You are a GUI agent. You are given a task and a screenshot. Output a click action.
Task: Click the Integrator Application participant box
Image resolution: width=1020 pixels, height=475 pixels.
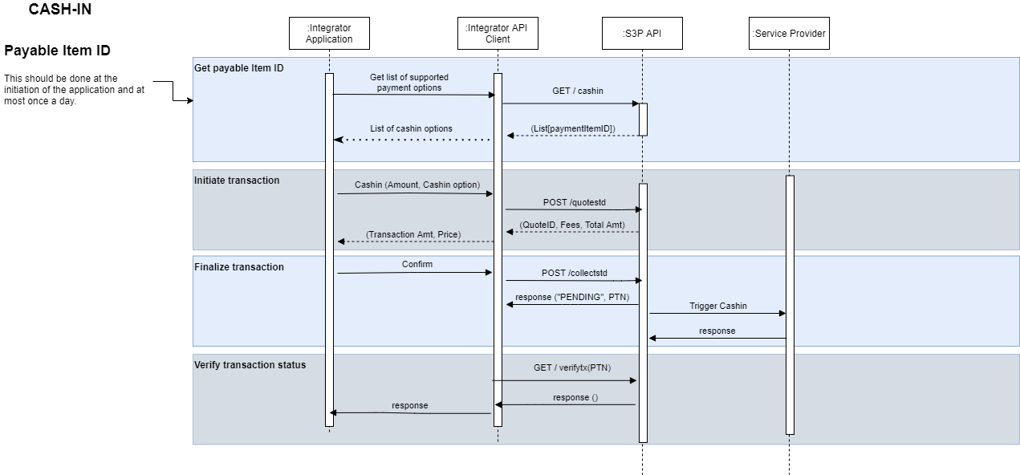point(329,34)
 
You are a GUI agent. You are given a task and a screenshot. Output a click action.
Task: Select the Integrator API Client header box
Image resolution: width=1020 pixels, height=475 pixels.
point(498,34)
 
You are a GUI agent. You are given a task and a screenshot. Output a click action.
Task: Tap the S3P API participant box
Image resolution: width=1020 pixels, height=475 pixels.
point(642,34)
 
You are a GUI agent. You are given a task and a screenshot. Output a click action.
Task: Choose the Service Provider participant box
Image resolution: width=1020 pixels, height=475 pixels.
point(789,34)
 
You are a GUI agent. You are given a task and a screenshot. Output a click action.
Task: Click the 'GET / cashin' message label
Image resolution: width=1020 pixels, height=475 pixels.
point(578,91)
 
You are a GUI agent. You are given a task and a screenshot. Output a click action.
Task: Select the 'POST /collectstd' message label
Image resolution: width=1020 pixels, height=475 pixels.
point(575,274)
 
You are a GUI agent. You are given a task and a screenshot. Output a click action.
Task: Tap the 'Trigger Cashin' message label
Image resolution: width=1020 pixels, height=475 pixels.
point(717,307)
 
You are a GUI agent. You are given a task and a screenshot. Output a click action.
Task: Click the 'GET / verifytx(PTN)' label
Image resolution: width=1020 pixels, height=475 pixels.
point(571,367)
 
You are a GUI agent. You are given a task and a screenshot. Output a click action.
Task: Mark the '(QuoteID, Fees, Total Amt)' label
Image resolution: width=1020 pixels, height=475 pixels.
point(572,225)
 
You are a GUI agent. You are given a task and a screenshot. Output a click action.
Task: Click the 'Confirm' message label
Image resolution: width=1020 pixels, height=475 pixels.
point(417,264)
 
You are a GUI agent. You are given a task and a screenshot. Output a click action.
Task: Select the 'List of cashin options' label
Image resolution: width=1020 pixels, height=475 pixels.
point(411,128)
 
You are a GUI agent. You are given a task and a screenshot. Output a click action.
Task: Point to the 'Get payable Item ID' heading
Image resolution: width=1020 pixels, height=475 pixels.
point(239,68)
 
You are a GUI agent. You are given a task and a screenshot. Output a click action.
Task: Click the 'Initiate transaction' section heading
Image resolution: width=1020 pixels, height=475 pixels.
point(237,181)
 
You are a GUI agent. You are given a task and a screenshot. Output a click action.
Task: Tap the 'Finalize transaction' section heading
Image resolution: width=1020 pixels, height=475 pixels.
point(239,267)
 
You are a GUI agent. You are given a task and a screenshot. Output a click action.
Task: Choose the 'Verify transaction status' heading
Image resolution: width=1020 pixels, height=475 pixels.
point(250,365)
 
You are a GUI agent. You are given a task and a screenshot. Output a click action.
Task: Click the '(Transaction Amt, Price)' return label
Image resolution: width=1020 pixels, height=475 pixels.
point(413,234)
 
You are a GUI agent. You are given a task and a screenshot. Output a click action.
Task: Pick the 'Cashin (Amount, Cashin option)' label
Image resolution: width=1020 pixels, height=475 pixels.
point(417,185)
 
